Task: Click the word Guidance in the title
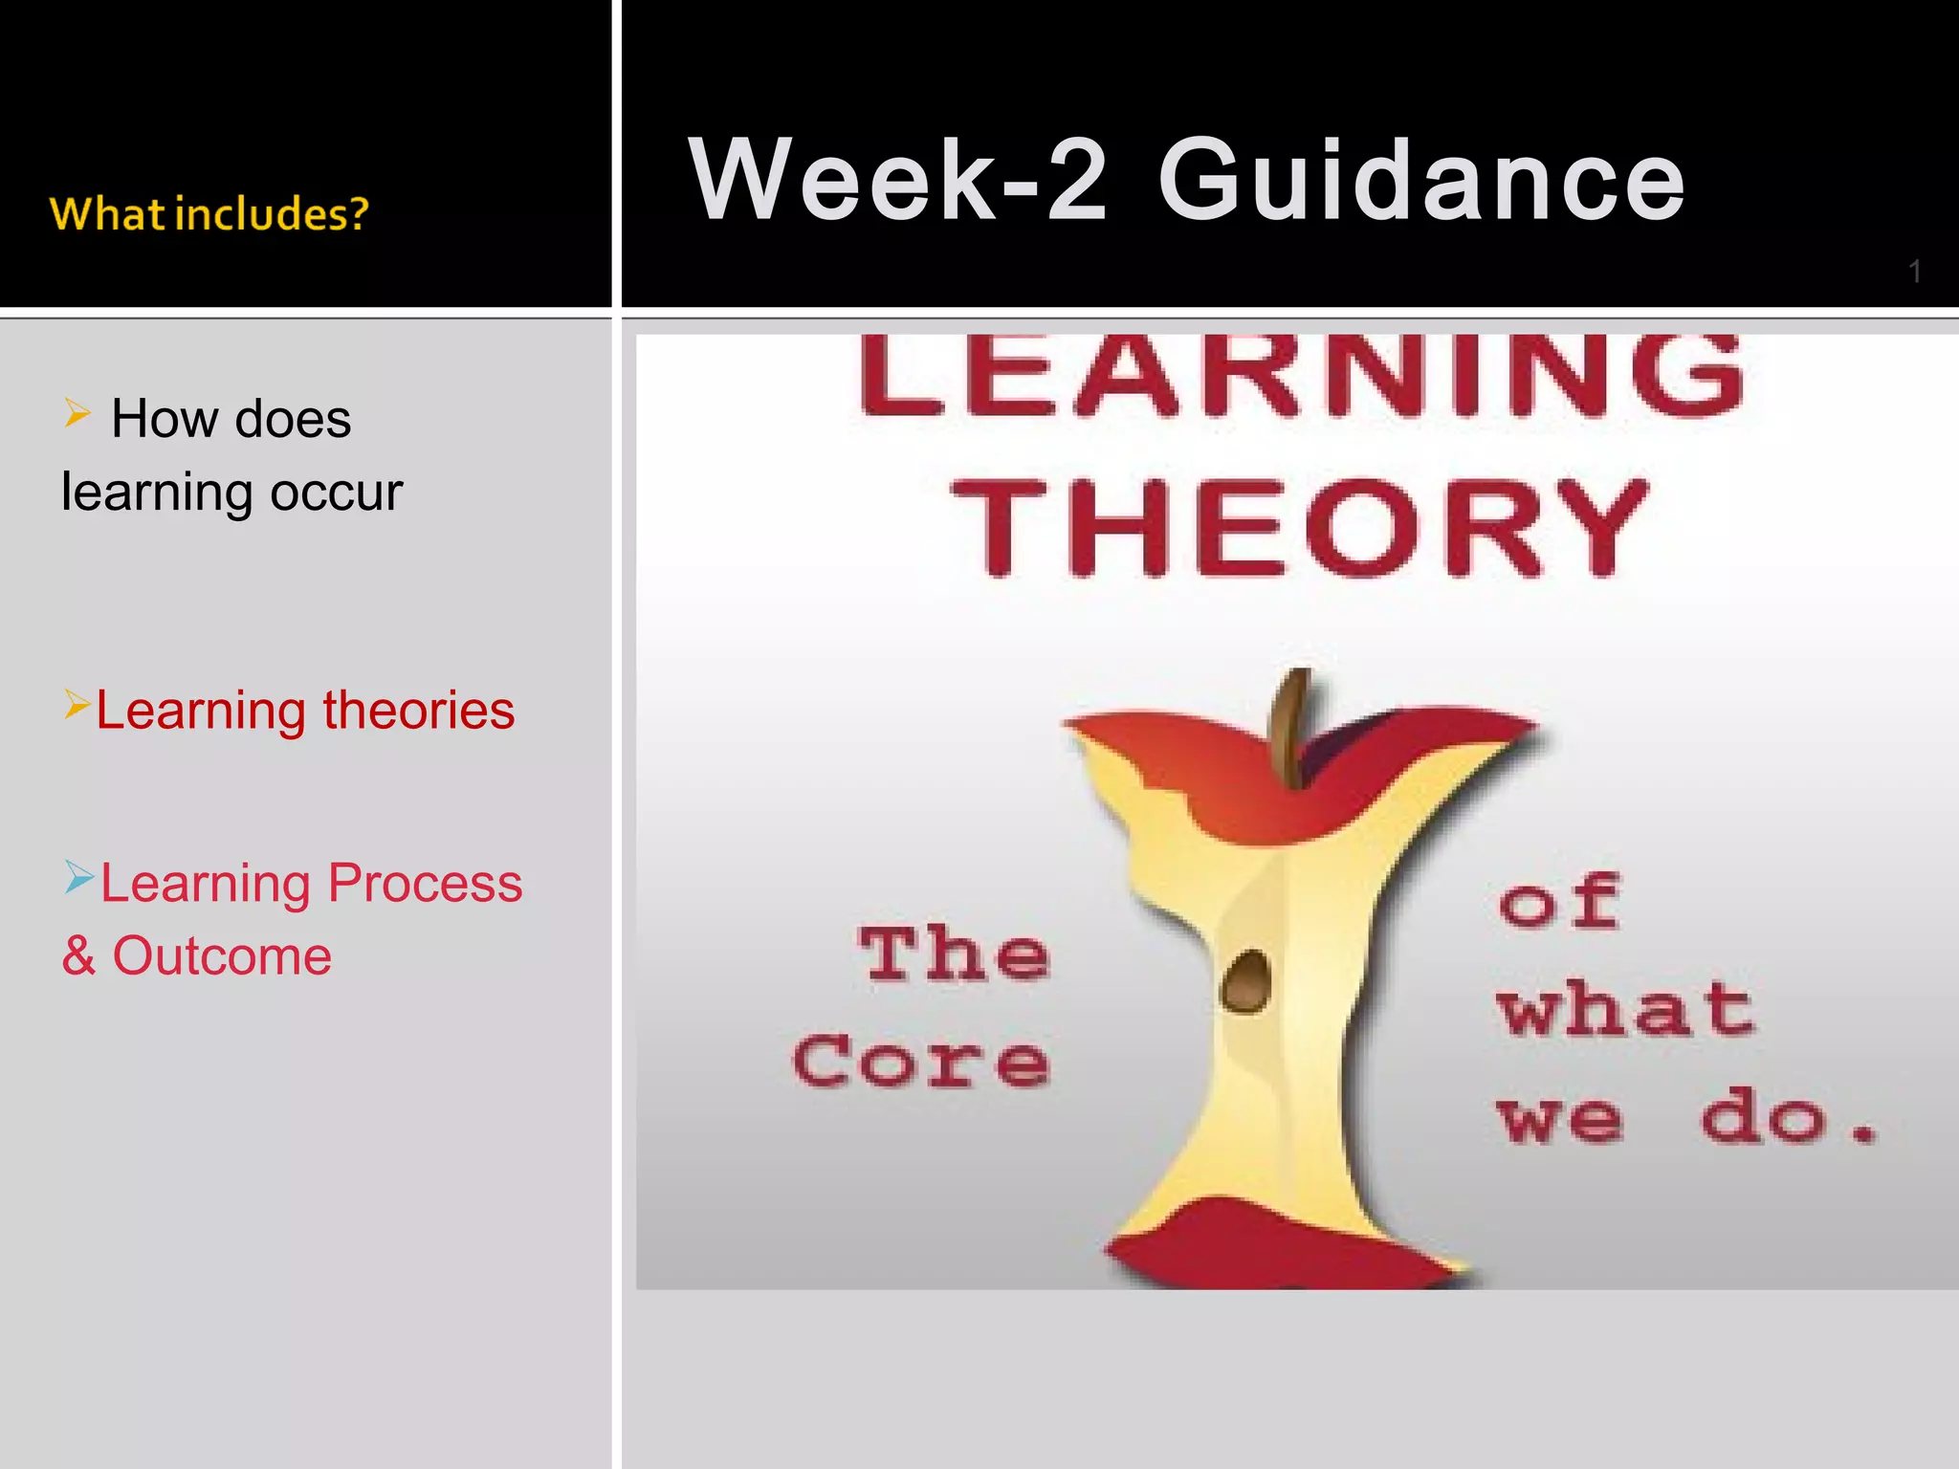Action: pos(1421,180)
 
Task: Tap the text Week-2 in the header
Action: pos(897,180)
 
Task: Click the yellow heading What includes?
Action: pos(209,214)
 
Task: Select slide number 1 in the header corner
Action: pos(1914,272)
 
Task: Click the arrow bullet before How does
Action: pos(77,413)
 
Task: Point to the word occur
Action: pos(336,493)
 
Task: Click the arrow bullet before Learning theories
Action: pos(77,704)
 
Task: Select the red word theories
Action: pos(418,711)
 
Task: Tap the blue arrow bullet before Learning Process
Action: pos(78,876)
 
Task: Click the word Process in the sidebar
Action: pos(425,883)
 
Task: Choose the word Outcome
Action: pos(222,955)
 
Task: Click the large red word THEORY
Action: pos(1299,528)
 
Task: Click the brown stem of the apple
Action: pos(1291,727)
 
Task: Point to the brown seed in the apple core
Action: pos(1246,981)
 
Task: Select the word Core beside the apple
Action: pos(921,1062)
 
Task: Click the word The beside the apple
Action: pos(954,954)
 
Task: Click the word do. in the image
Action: pos(1787,1117)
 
